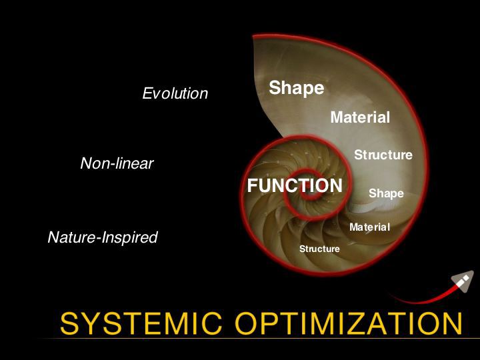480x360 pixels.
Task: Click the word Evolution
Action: [175, 93]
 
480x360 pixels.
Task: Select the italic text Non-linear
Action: [117, 163]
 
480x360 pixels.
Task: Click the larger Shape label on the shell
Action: [296, 88]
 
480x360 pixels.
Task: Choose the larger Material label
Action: [360, 117]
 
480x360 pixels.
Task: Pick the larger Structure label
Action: [383, 155]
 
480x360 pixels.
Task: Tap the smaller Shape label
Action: [386, 193]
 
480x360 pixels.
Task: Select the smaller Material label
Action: [369, 227]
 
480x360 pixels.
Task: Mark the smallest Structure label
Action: [319, 249]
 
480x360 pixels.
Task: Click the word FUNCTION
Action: [295, 185]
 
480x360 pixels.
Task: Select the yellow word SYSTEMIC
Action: [141, 323]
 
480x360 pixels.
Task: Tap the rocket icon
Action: [462, 281]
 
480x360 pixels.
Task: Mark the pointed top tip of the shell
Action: [253, 37]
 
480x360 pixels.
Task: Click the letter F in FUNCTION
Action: [253, 185]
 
